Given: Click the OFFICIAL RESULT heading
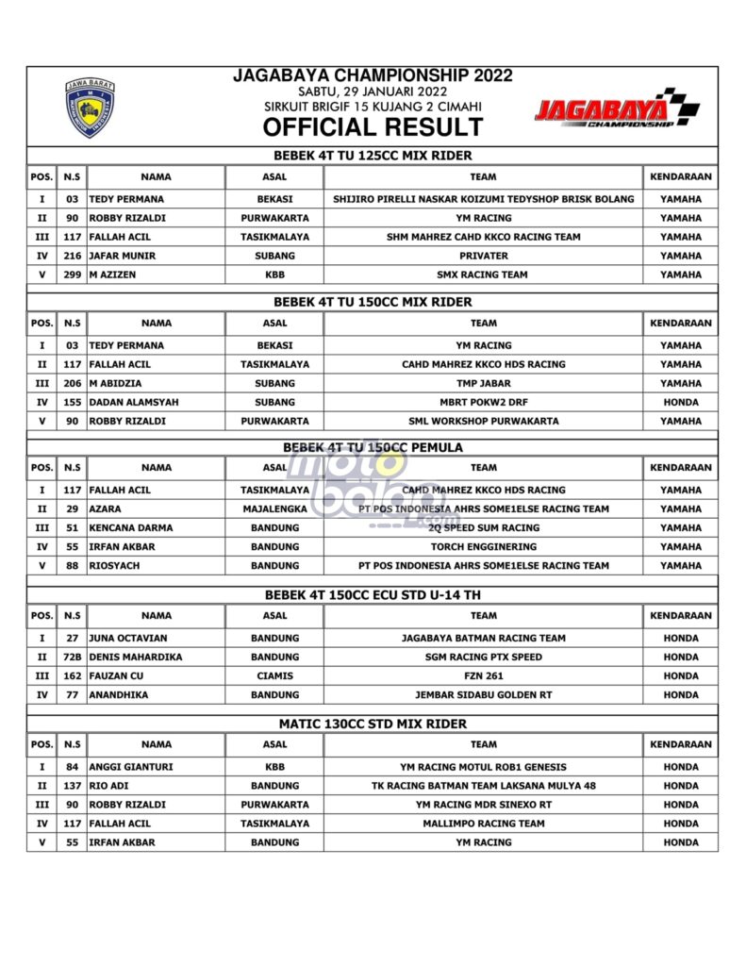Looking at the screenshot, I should (x=373, y=127).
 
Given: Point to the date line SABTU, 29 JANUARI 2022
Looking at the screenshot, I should (x=373, y=92).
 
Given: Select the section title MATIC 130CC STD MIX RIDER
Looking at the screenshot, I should (x=373, y=724).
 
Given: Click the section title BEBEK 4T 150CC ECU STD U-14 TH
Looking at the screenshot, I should (x=373, y=594).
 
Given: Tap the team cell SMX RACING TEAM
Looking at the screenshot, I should (x=483, y=275).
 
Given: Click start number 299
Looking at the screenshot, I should (x=72, y=275).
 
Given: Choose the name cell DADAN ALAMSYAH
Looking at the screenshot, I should (x=134, y=402).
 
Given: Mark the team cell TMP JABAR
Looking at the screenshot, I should (x=483, y=383).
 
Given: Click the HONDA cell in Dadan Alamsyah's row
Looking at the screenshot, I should (x=680, y=402).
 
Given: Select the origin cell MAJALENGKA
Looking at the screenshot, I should (x=274, y=508).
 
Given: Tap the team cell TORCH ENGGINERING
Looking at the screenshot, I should (x=483, y=546).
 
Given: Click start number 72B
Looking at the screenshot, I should (x=72, y=657).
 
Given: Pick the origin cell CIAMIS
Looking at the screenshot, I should (x=274, y=675).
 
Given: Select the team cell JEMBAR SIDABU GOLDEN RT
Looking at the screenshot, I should (x=483, y=694).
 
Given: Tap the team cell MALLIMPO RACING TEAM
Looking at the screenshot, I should (x=483, y=824).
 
